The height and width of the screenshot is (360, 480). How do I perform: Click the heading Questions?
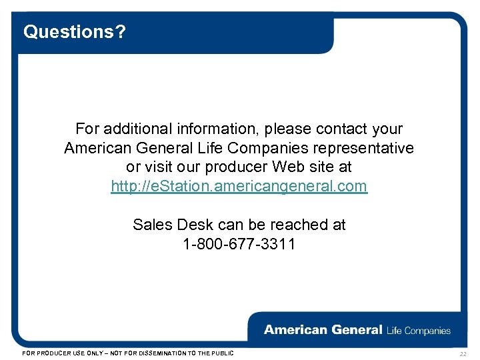point(74,31)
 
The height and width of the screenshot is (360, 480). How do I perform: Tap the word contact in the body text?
point(343,128)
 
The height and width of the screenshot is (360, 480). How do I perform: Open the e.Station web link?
point(239,186)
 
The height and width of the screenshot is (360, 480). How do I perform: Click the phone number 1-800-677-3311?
point(239,244)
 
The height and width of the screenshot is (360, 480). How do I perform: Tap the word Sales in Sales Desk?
point(153,225)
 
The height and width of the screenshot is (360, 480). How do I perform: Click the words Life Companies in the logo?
point(418,330)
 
